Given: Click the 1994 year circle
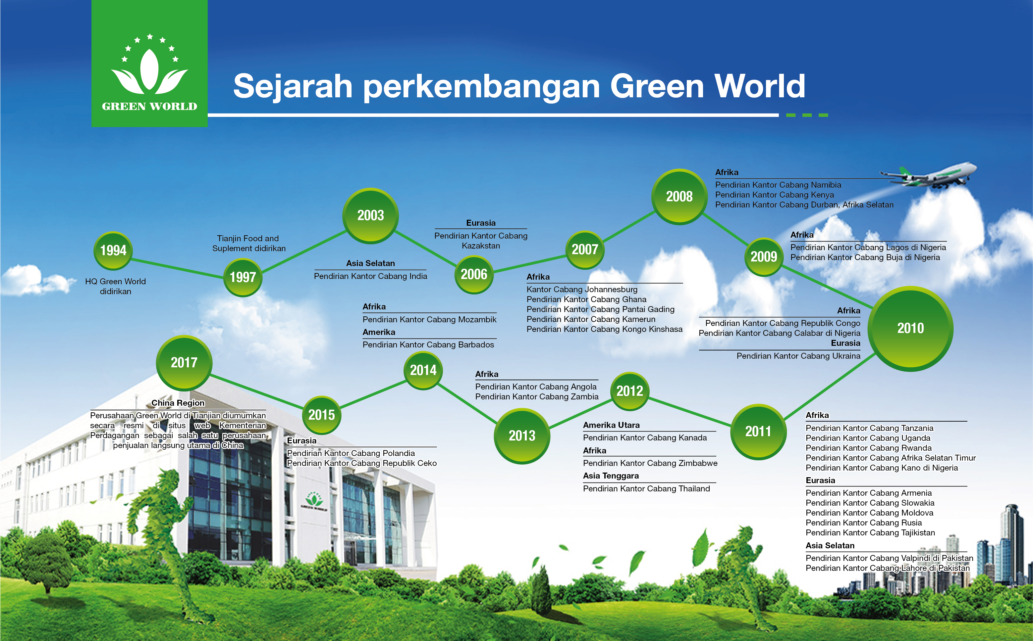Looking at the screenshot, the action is point(113,251).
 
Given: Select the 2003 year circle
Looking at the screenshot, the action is point(370,216).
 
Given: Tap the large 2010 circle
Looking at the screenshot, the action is point(910,329).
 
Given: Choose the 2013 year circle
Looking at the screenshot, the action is point(522,436).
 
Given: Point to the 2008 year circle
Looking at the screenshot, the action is point(680,197).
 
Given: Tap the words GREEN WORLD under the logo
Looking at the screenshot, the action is point(149,107).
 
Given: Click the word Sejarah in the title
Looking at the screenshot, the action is point(293,86).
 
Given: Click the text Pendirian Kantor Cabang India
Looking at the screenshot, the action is point(370,276).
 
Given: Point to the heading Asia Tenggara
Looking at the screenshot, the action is point(611,476).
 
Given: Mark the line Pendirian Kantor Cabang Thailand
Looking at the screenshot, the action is point(646,488).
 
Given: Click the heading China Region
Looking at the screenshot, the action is point(178,403).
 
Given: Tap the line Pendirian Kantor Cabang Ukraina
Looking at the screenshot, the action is point(798,356).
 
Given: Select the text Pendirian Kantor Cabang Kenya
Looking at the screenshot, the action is point(775,195).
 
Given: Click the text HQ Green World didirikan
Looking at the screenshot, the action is point(115,286).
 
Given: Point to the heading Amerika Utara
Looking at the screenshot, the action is point(611,425).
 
